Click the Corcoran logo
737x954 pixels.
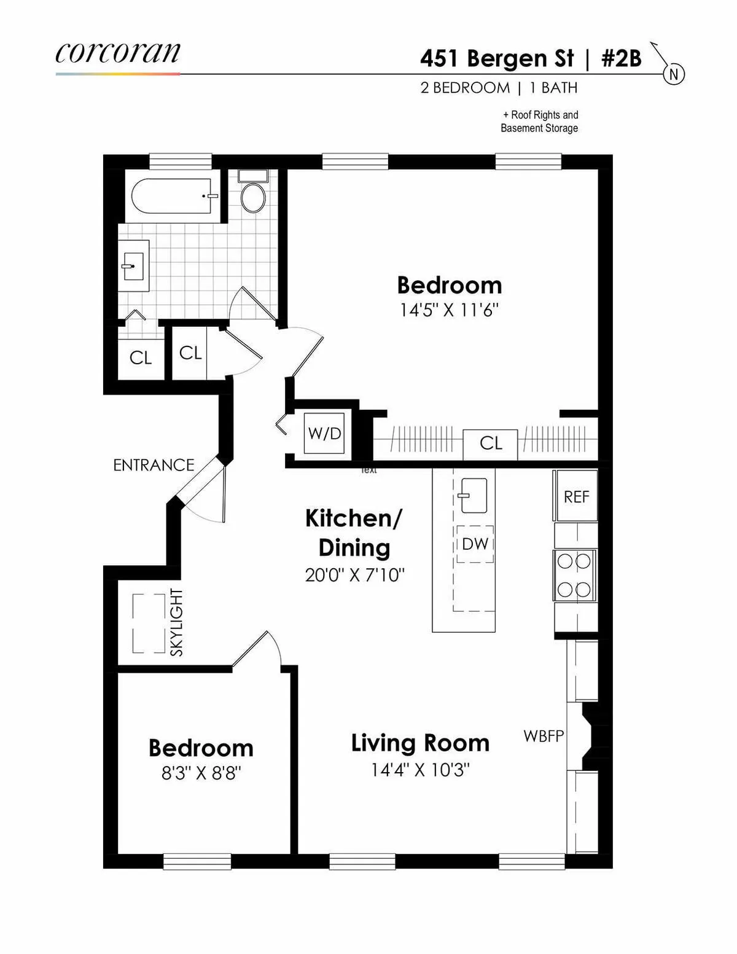[x=117, y=54]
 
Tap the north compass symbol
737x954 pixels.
[x=673, y=74]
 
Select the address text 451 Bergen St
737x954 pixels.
[x=497, y=59]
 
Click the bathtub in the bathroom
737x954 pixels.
[x=172, y=196]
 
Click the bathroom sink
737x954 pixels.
[x=134, y=266]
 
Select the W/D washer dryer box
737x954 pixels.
[x=324, y=434]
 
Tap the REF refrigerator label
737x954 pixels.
[x=576, y=496]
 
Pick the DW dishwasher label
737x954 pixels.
[x=475, y=544]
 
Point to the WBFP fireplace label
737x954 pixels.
[x=544, y=735]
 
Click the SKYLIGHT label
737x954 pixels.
[x=176, y=622]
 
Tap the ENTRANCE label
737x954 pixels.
[x=154, y=465]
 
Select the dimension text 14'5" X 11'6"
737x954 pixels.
[x=449, y=310]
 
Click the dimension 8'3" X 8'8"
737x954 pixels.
[x=201, y=773]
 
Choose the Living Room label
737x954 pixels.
[x=420, y=743]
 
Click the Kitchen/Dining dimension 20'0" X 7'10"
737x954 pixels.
[x=354, y=575]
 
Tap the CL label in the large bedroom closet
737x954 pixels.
[x=491, y=443]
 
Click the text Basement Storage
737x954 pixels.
[x=539, y=128]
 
